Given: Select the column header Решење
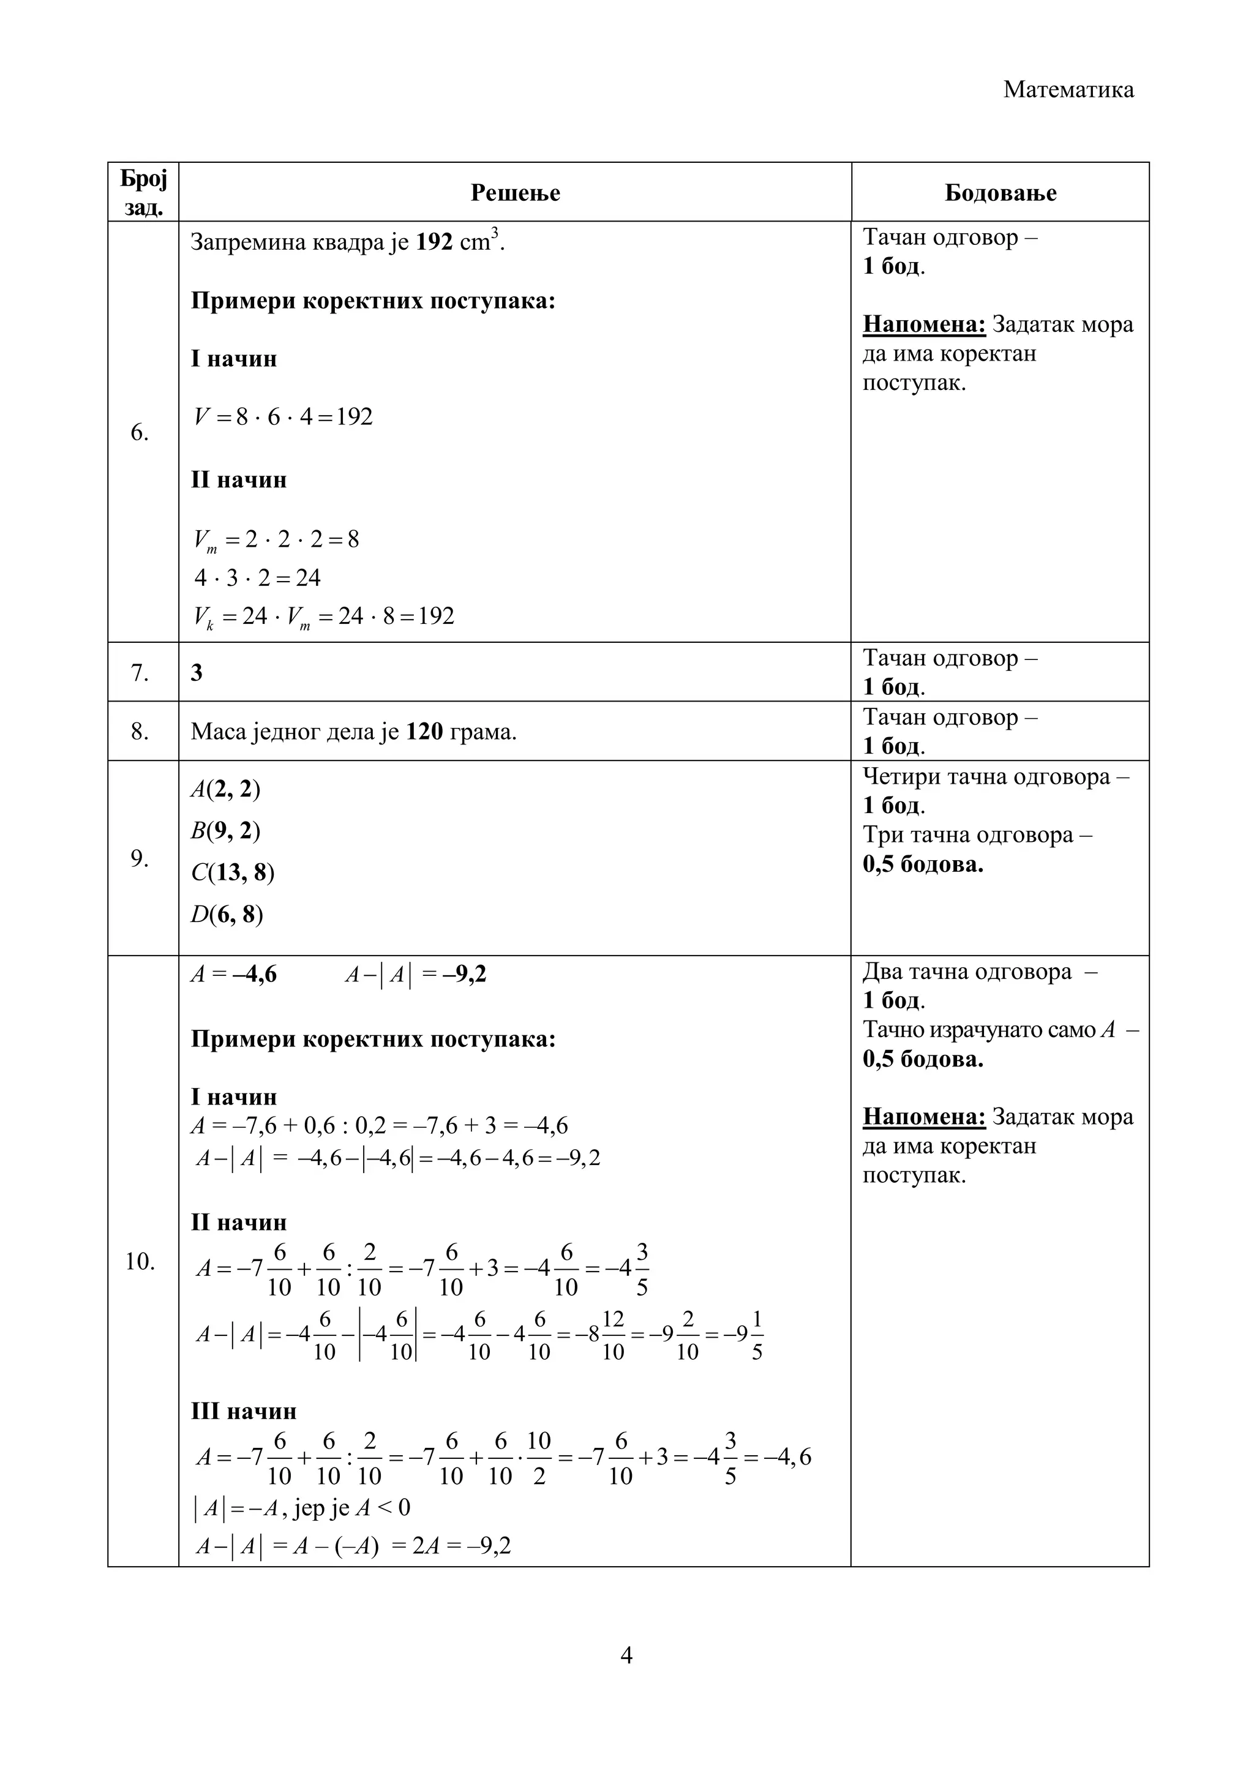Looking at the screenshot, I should [x=515, y=192].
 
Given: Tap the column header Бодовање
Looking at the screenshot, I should [x=1000, y=192].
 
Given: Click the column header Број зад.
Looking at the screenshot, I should [x=144, y=192].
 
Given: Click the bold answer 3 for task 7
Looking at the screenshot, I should [x=197, y=673].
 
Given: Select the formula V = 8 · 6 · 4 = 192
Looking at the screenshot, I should [x=283, y=417].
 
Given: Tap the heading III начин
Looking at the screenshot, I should [x=243, y=1411].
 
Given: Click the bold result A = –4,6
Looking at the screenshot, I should [x=234, y=975].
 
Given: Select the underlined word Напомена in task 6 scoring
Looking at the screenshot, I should [x=923, y=324].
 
